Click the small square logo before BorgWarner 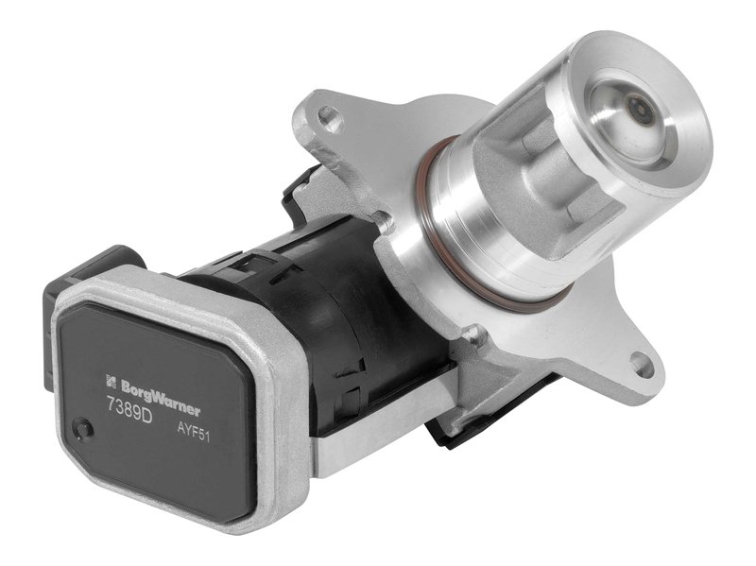111,381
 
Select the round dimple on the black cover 85,430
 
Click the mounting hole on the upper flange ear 328,119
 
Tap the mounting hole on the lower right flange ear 641,361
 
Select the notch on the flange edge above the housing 383,222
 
